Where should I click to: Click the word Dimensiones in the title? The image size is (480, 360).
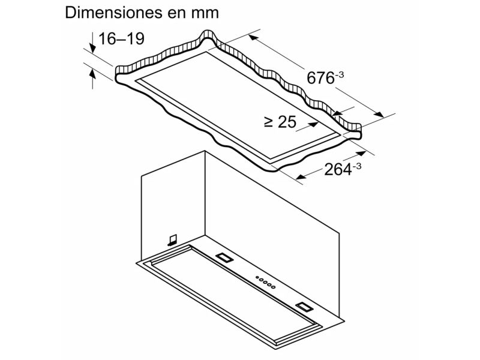[x=113, y=13]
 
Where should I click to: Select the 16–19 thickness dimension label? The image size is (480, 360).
[x=121, y=39]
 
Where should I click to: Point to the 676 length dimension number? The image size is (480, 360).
[x=320, y=78]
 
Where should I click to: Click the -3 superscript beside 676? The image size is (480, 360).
[x=340, y=74]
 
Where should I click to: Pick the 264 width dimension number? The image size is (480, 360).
[x=338, y=169]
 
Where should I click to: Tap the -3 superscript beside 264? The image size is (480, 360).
[x=357, y=166]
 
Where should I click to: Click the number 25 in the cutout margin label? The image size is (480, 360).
[x=287, y=122]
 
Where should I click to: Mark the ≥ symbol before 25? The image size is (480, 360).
[x=268, y=122]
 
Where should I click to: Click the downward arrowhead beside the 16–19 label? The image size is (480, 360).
[x=92, y=48]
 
